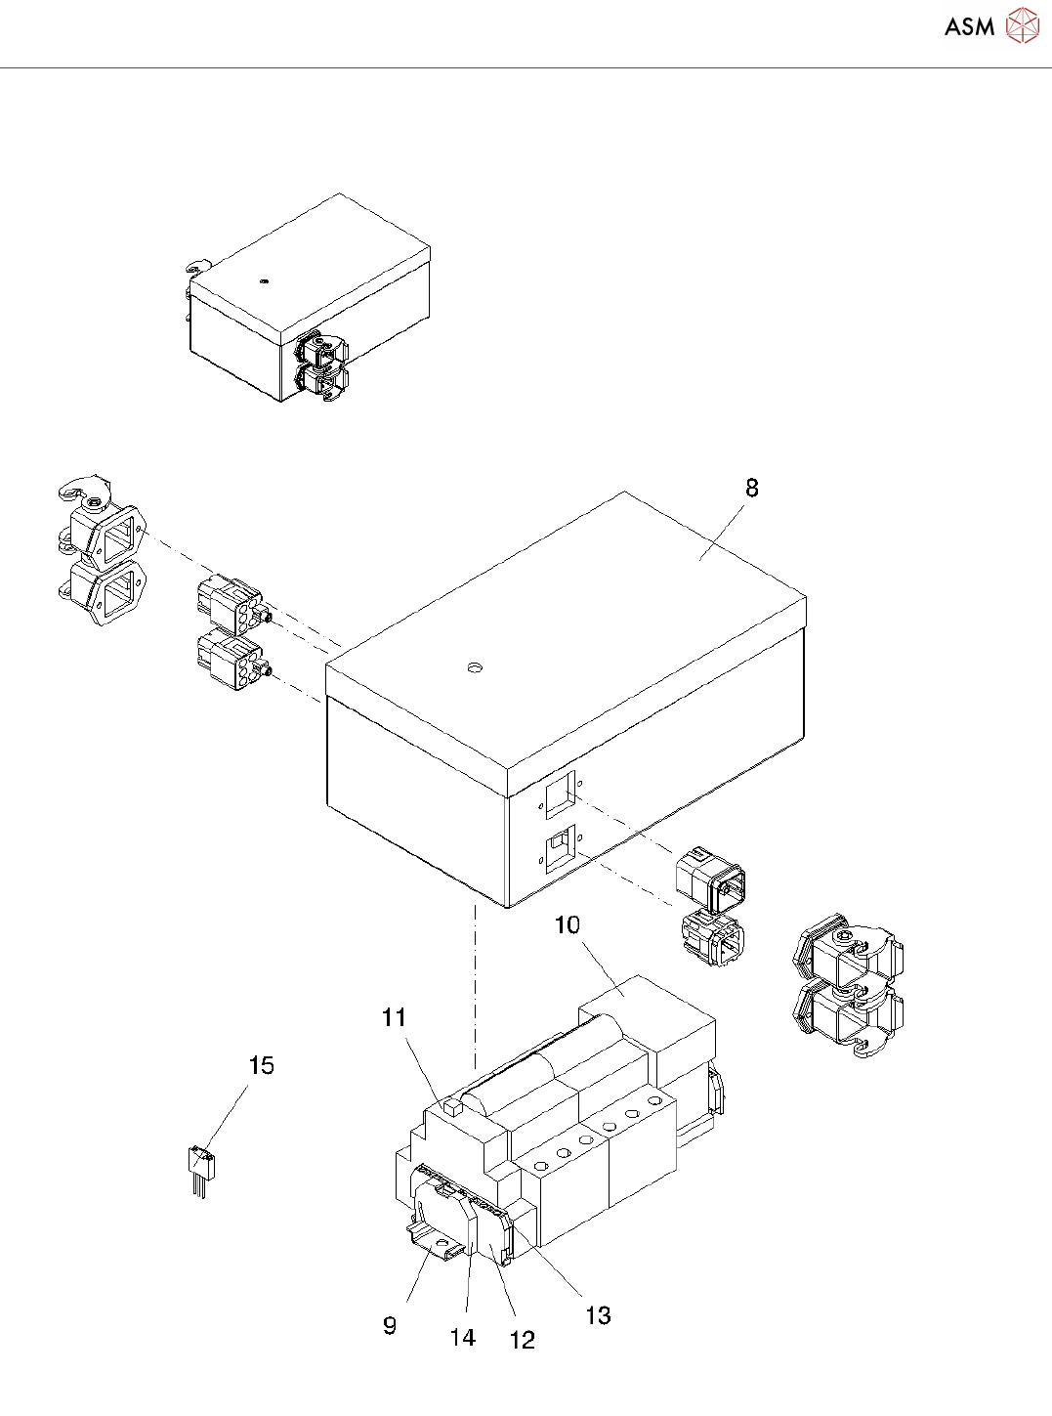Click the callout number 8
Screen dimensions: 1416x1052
pyautogui.click(x=751, y=488)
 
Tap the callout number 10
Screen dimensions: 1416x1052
pyautogui.click(x=567, y=924)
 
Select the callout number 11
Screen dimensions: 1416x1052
pyautogui.click(x=394, y=1018)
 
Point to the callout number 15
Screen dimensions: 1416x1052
pyautogui.click(x=261, y=1065)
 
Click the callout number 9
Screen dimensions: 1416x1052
pyautogui.click(x=390, y=1325)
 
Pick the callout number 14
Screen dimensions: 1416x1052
pyautogui.click(x=462, y=1337)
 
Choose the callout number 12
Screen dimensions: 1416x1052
pyautogui.click(x=523, y=1340)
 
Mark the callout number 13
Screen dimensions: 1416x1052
pyautogui.click(x=598, y=1315)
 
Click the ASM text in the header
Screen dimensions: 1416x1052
pyautogui.click(x=969, y=26)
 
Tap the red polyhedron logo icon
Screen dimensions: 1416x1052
pyautogui.click(x=1023, y=26)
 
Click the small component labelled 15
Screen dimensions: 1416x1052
pyautogui.click(x=200, y=1166)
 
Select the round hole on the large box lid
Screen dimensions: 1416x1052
pyautogui.click(x=475, y=668)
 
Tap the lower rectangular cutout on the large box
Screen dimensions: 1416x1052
pyautogui.click(x=560, y=849)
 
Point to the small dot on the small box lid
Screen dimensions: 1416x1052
pyautogui.click(x=264, y=281)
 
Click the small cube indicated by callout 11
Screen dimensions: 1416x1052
pyautogui.click(x=451, y=1107)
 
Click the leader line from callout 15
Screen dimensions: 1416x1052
pyautogui.click(x=227, y=1115)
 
